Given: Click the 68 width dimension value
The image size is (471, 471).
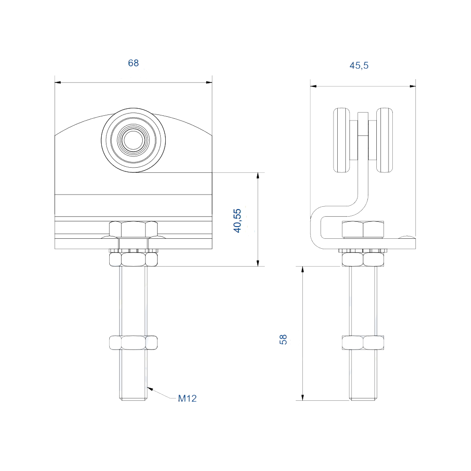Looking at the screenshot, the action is tap(133, 63).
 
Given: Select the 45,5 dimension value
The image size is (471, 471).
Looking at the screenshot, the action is tap(359, 65).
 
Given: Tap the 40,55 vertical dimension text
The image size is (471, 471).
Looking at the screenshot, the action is tap(237, 220).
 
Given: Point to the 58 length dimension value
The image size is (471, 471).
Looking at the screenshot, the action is tap(283, 340).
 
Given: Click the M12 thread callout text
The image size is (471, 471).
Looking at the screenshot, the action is tap(187, 398).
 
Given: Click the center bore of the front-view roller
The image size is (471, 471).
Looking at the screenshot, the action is tap(133, 140).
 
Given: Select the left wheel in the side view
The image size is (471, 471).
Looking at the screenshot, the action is tap(342, 140).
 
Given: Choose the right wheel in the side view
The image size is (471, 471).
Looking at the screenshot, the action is tap(384, 140).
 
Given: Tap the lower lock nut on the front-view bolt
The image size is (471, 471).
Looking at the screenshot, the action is tap(133, 343).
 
